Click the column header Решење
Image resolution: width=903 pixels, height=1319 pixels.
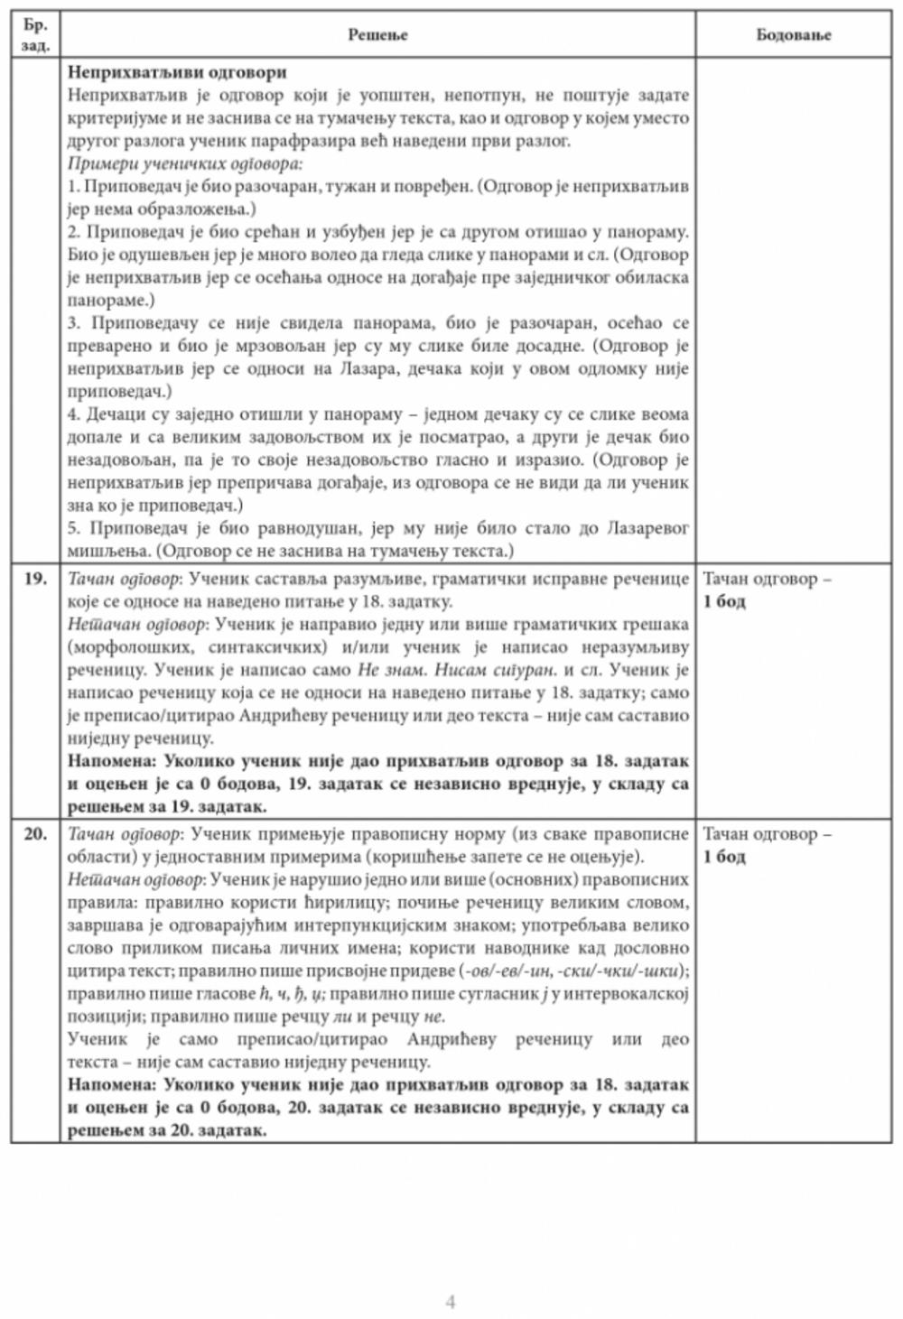(x=377, y=35)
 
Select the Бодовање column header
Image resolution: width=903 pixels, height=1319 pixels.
(x=793, y=35)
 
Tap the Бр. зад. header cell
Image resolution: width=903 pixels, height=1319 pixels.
(x=35, y=35)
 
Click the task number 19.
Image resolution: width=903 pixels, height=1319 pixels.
(x=35, y=579)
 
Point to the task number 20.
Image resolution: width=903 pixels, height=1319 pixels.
(x=35, y=834)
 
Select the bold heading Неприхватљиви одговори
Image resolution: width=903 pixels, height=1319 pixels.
(x=177, y=72)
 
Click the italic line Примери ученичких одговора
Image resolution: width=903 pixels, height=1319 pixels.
(x=184, y=163)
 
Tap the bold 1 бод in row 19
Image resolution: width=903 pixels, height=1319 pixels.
(x=724, y=601)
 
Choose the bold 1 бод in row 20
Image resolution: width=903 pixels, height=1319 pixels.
(x=724, y=857)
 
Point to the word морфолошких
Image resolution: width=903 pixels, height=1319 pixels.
(x=125, y=647)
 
